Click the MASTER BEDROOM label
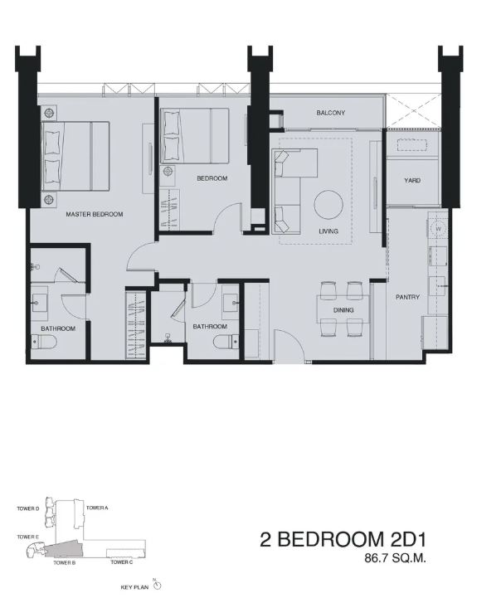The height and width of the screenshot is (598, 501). [x=95, y=214]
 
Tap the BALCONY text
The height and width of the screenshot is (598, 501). [x=331, y=113]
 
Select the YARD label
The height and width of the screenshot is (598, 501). [x=412, y=180]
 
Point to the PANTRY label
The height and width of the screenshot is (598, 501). [x=407, y=297]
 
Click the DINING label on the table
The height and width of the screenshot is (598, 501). [x=343, y=310]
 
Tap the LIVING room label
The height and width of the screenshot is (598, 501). [x=328, y=231]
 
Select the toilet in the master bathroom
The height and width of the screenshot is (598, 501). [x=44, y=342]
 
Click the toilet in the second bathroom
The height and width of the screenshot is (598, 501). [x=226, y=342]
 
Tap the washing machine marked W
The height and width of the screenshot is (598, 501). [x=438, y=229]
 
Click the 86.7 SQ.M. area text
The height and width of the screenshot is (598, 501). [x=395, y=559]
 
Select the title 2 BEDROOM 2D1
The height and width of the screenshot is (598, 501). [x=343, y=540]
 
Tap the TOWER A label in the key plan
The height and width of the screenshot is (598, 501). [x=97, y=508]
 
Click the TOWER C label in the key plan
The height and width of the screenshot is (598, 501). [x=122, y=562]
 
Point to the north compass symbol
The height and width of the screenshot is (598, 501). [x=158, y=585]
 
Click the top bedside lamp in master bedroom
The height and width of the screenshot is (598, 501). [x=49, y=114]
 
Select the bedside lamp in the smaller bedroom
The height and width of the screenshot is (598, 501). [x=168, y=172]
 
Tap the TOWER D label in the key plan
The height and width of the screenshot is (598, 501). [x=28, y=508]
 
